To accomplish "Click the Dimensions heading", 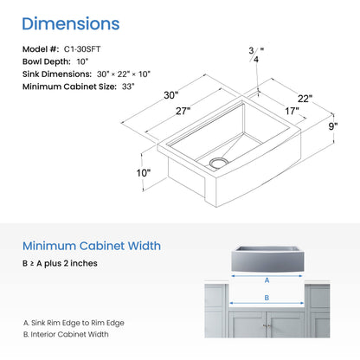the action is (71, 23).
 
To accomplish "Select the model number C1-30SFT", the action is (82, 49).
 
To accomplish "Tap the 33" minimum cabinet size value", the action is (128, 87).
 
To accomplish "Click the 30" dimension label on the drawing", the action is (171, 95).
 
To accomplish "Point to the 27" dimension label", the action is (183, 111).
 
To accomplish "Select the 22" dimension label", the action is (305, 99).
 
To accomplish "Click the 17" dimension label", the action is (292, 111).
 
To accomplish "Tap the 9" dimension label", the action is (333, 126).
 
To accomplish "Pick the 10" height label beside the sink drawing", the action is (144, 173).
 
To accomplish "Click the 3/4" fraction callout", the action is (256, 55).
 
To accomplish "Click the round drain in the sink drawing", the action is (219, 163).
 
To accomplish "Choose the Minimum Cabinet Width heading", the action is (92, 246).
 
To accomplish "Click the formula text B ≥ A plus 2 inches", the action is (60, 263).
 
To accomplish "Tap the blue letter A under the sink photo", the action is (267, 280).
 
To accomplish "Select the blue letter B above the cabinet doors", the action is (267, 298).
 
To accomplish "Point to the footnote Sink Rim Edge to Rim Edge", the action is (74, 323).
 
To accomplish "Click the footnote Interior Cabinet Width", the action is (66, 334).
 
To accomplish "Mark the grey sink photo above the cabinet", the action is (267, 259).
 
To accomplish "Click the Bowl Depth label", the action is (47, 61).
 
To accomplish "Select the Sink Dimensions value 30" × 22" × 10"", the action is (124, 74).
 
